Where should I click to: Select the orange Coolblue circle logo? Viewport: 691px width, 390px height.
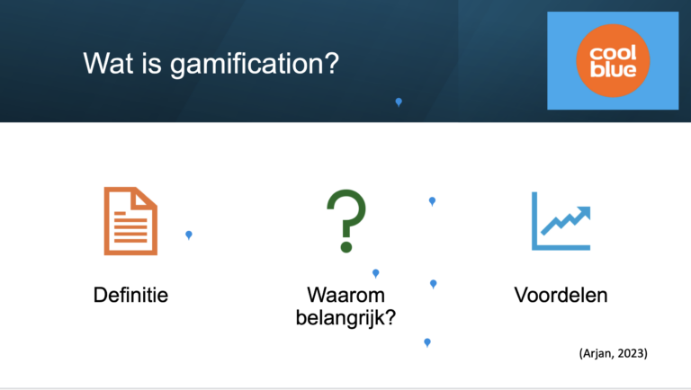click(x=613, y=61)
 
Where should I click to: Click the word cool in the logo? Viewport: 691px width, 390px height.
click(x=613, y=52)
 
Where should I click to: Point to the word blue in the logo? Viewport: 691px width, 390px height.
click(x=613, y=69)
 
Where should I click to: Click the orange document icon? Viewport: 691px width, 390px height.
click(x=130, y=221)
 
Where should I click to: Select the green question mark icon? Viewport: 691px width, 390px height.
click(x=346, y=221)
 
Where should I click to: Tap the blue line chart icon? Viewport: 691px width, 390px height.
click(x=561, y=221)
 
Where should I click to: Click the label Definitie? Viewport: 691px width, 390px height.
click(x=130, y=295)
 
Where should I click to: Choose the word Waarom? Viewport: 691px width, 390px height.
click(x=345, y=295)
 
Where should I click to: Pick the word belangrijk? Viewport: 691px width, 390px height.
click(x=345, y=318)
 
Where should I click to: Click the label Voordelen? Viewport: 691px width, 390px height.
click(x=561, y=295)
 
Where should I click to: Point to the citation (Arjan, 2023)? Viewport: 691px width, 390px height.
click(x=614, y=353)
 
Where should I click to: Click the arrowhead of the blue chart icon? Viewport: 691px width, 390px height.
click(x=584, y=213)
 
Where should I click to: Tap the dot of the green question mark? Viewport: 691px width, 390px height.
click(x=346, y=246)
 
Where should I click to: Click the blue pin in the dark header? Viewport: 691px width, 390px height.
click(x=399, y=102)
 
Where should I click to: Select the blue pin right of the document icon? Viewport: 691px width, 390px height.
click(x=189, y=235)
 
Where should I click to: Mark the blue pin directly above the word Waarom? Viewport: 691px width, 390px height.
click(x=376, y=273)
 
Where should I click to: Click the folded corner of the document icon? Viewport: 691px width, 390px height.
click(x=144, y=199)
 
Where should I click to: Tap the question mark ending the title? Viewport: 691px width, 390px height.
click(x=333, y=64)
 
